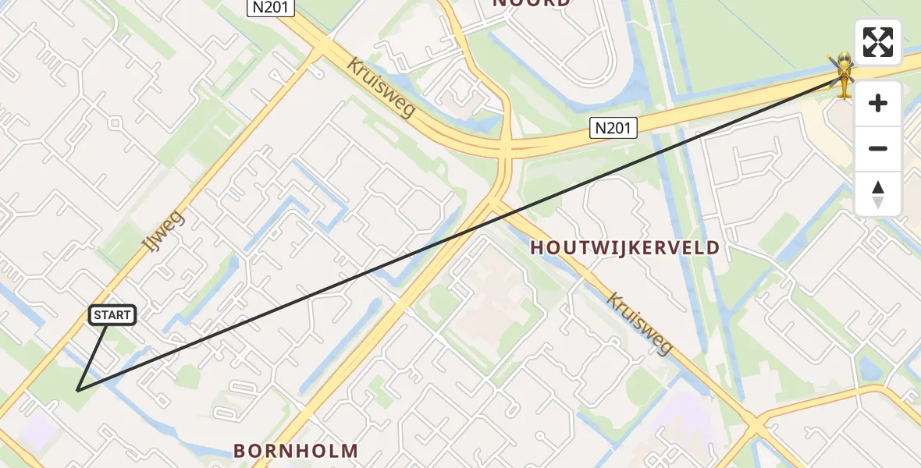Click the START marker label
coord(113,315)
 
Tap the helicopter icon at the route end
coord(843,75)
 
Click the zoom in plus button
coord(878,104)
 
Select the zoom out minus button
coord(878,148)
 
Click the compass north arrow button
coord(878,193)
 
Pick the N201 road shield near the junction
coord(613,128)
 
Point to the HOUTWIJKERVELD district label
coord(624,248)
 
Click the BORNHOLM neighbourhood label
coord(296,450)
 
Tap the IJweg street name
coord(163,231)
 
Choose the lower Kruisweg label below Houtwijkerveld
coord(639,322)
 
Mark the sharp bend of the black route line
coord(77,389)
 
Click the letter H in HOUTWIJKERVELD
coord(537,248)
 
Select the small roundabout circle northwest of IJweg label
coord(115,122)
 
